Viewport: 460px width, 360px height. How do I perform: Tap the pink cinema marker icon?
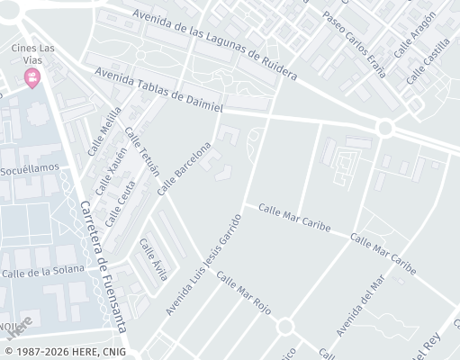pyautogui.click(x=33, y=78)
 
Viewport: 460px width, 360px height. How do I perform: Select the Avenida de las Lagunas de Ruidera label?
pyautogui.click(x=213, y=44)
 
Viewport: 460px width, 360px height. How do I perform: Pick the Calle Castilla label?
pyautogui.click(x=426, y=65)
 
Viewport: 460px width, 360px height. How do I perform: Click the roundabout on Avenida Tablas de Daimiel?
pyautogui.click(x=385, y=128)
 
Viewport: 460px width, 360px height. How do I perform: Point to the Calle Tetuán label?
pyautogui.click(x=142, y=151)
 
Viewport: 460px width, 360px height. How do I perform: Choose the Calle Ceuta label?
pyautogui.click(x=113, y=202)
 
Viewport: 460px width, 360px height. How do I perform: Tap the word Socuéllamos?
pyautogui.click(x=30, y=168)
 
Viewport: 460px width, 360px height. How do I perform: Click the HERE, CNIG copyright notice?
pyautogui.click(x=65, y=351)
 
